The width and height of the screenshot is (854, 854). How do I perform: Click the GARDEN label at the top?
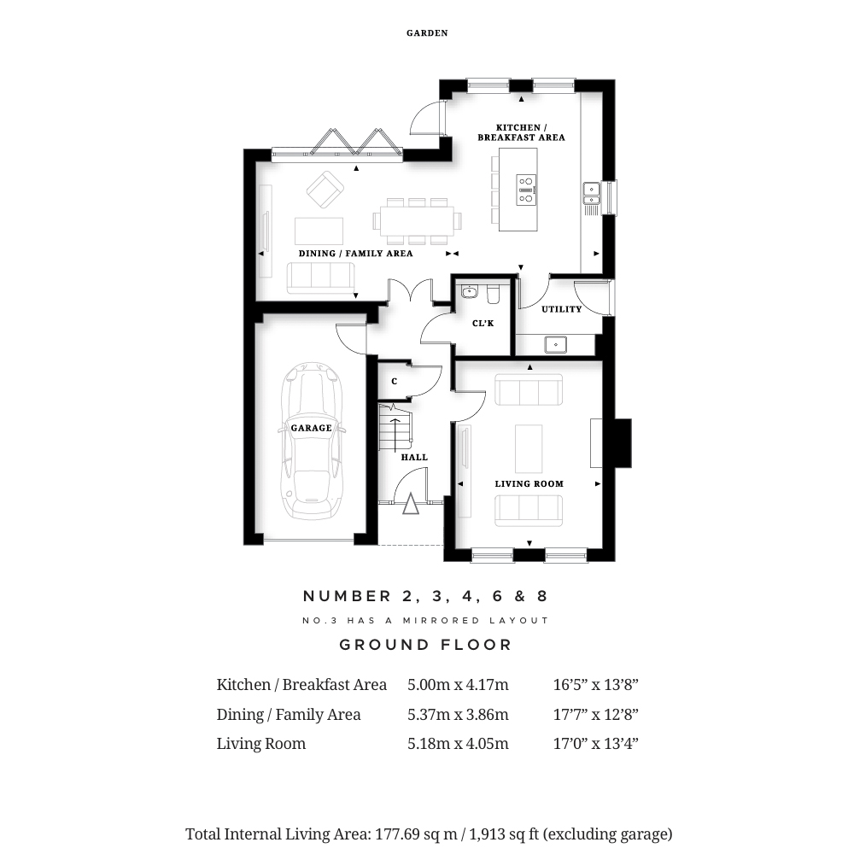(427, 33)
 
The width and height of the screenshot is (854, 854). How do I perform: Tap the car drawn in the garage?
(312, 441)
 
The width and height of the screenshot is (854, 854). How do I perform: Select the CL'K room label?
(483, 324)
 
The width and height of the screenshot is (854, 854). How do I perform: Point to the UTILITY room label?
(562, 309)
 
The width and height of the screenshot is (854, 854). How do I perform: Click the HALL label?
(414, 458)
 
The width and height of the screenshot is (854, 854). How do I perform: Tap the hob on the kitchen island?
(526, 190)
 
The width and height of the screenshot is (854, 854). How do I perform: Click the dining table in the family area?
(417, 221)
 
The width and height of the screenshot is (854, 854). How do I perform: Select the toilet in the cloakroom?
(494, 294)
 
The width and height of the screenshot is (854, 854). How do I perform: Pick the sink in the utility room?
(556, 345)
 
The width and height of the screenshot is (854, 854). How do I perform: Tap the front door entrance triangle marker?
(411, 504)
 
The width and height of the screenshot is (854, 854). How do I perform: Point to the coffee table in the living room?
(529, 449)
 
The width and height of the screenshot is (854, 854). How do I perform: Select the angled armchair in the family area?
(325, 190)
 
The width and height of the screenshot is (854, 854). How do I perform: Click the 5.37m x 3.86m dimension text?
(458, 715)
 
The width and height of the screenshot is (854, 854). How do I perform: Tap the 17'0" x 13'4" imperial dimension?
(596, 744)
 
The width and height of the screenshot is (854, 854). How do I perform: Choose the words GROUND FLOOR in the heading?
(426, 645)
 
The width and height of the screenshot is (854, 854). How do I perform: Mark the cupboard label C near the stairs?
(395, 382)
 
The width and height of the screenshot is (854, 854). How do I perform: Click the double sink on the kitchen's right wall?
(592, 193)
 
